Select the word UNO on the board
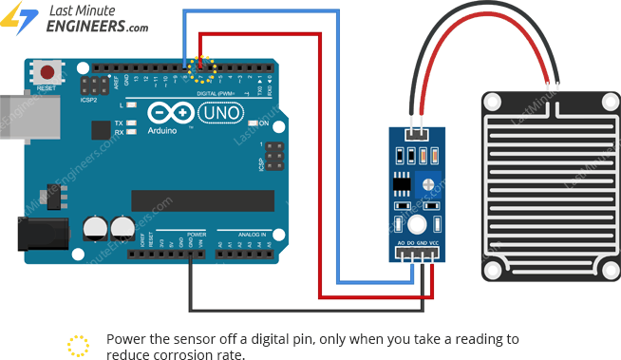coord(220,113)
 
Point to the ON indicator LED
coord(254,124)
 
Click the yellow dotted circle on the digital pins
coord(201,66)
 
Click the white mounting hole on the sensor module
coord(416,225)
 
